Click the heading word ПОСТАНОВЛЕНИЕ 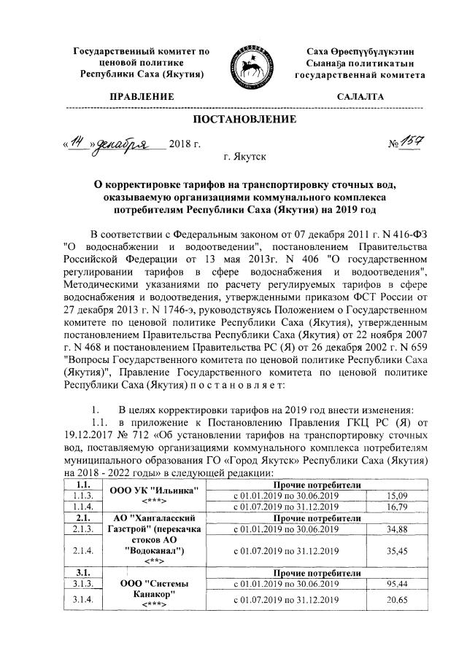244,120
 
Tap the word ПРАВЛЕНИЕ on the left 142,96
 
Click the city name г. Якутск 244,155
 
